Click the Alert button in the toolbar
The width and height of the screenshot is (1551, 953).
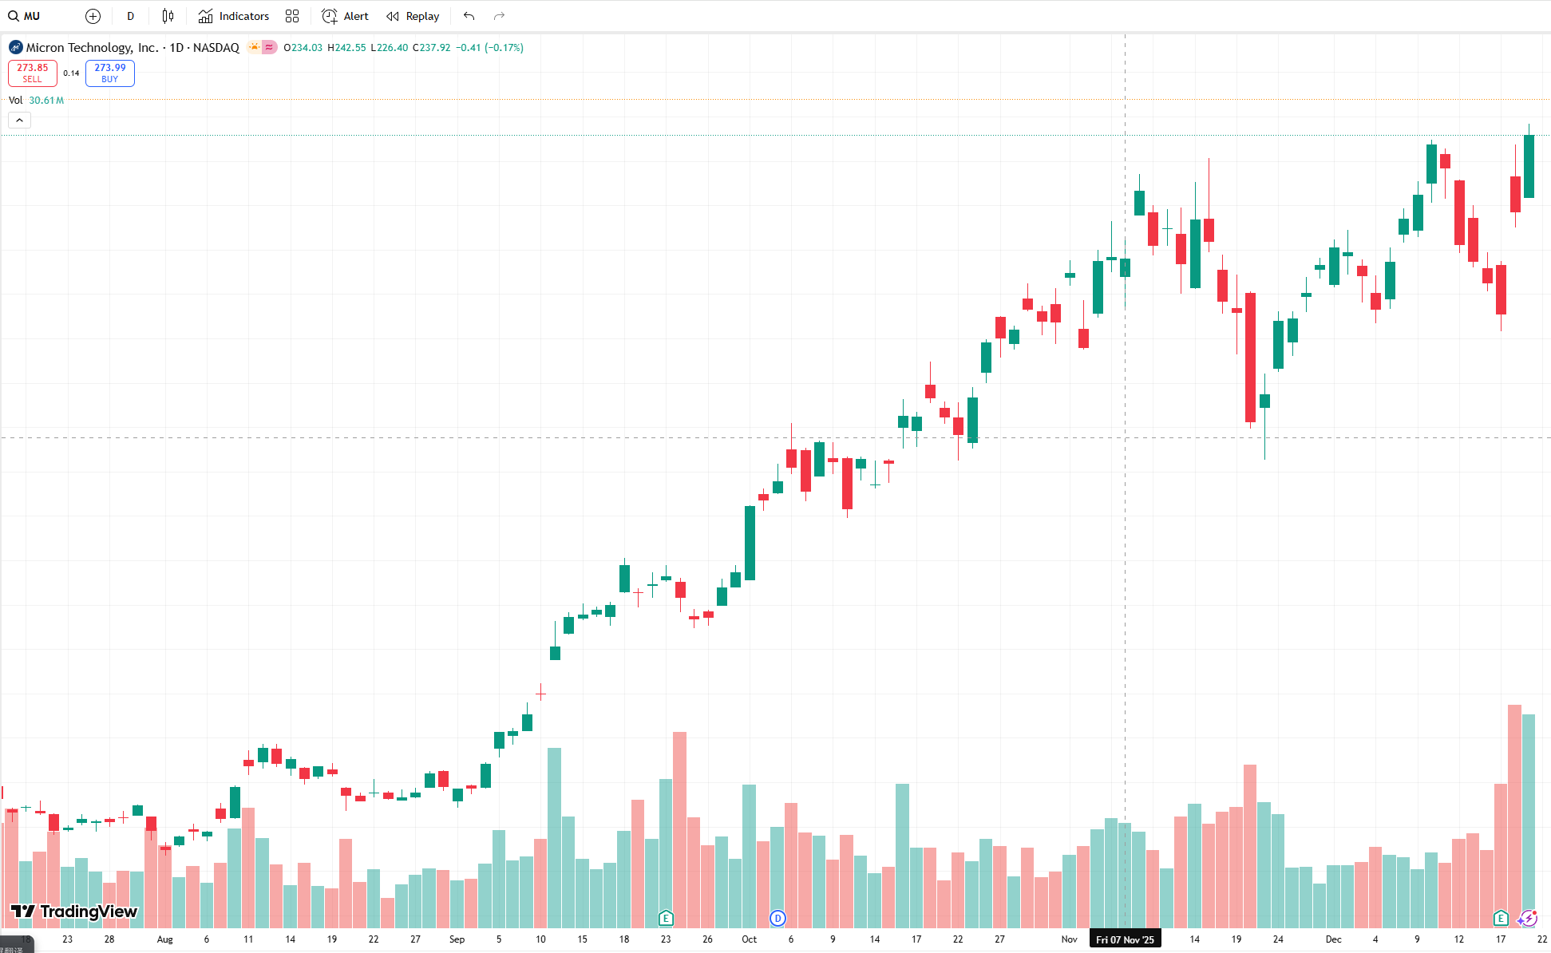click(x=345, y=16)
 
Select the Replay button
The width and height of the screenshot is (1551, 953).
click(x=413, y=16)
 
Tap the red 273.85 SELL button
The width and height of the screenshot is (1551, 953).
click(x=33, y=73)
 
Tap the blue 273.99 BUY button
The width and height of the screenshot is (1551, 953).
click(x=110, y=73)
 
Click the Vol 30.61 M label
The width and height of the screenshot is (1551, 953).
click(x=36, y=101)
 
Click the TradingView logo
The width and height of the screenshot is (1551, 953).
click(x=73, y=911)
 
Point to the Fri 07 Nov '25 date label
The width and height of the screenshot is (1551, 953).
click(x=1125, y=939)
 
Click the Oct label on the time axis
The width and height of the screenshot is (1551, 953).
click(x=749, y=939)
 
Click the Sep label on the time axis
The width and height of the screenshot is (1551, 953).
click(x=457, y=939)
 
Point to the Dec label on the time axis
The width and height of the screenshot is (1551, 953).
click(x=1333, y=939)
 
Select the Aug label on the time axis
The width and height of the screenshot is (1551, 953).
click(x=164, y=939)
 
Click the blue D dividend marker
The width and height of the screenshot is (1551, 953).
click(x=777, y=919)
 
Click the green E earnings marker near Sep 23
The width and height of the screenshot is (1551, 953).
click(x=666, y=919)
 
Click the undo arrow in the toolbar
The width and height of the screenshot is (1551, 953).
click(x=469, y=16)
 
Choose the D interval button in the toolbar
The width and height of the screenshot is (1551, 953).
click(x=131, y=16)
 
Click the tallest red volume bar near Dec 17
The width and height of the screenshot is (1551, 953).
click(x=1514, y=814)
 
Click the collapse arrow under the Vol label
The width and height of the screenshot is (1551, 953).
click(x=20, y=121)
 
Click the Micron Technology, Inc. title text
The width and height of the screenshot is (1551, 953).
click(x=93, y=48)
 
